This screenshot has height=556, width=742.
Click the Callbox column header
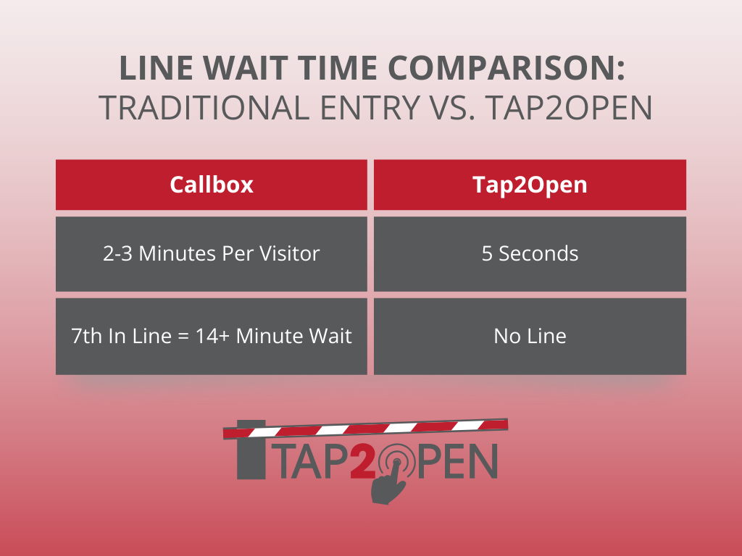(212, 185)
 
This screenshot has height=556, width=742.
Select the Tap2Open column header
(530, 185)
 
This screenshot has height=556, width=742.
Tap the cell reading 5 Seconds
(530, 253)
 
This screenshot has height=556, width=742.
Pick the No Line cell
(530, 336)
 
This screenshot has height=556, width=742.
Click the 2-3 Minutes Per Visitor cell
(212, 253)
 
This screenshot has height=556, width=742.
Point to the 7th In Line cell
(212, 336)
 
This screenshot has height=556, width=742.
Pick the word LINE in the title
(149, 70)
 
